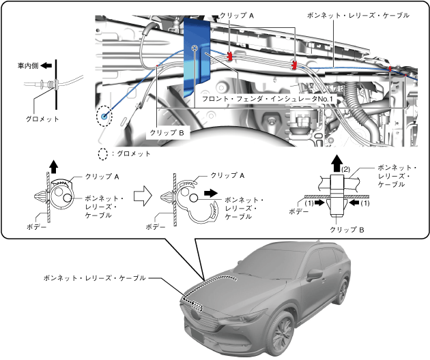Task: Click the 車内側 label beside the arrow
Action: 27,67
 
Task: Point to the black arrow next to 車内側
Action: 46,67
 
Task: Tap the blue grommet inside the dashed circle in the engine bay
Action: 104,117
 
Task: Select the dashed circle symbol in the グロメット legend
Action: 103,154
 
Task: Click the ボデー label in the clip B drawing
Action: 298,212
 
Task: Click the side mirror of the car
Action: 315,276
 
